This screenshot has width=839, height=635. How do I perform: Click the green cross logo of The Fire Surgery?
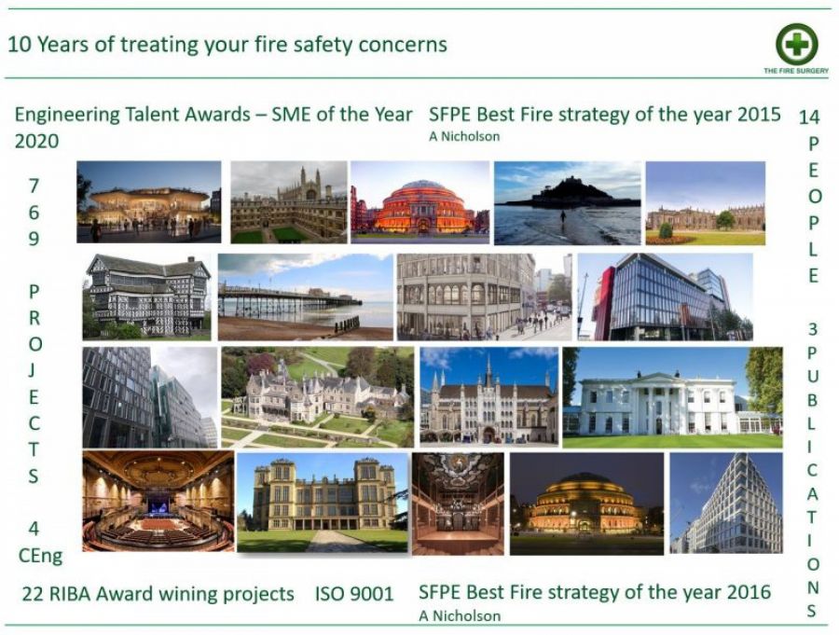coord(797,44)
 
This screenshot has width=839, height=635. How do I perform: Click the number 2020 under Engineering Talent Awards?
coord(36,142)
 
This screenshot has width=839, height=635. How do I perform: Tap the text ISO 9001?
coord(354,594)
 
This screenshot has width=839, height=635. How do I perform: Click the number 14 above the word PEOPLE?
coord(808,117)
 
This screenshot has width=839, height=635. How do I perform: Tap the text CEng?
coord(40,556)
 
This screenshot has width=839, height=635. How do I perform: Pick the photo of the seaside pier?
coord(306,297)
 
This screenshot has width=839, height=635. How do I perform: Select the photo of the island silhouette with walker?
coord(567,202)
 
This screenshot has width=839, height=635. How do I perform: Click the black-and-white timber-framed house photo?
coord(146,297)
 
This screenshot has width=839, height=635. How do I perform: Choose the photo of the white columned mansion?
coord(672,397)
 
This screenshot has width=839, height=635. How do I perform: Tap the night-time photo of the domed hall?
coord(586,504)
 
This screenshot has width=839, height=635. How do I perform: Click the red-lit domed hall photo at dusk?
coord(420,202)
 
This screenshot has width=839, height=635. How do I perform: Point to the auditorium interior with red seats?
coord(158,501)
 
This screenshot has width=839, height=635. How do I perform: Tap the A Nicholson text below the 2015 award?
coord(464,136)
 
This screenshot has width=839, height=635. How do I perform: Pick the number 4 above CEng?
coord(34,529)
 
